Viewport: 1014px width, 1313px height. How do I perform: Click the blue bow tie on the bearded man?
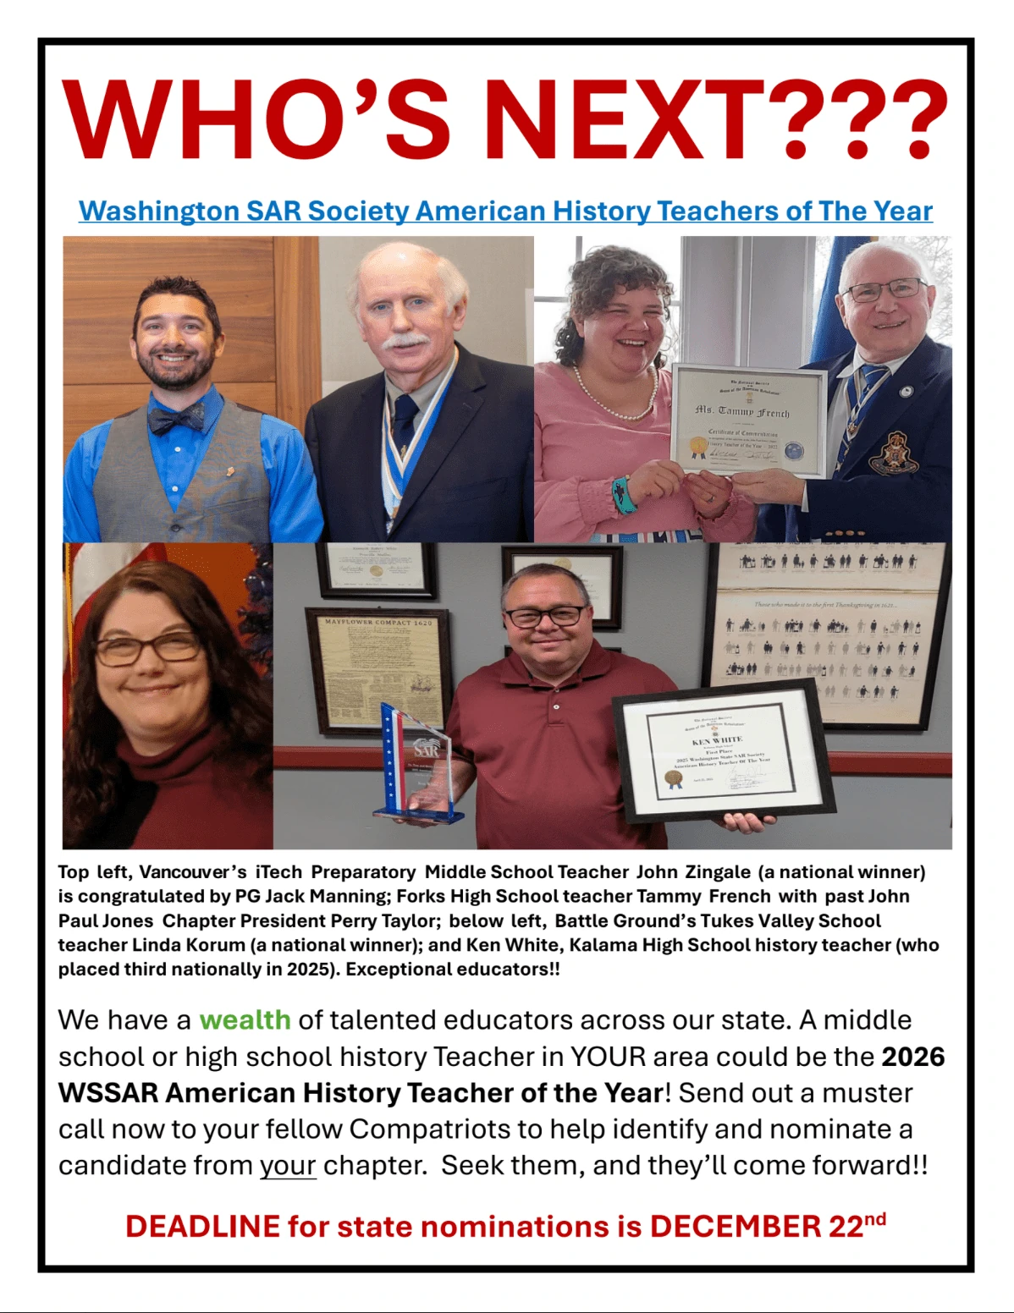pos(176,417)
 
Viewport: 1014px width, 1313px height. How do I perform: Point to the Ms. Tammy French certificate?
pos(747,420)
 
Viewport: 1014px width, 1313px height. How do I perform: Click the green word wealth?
pos(245,1019)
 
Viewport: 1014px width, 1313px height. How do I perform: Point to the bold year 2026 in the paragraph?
pos(912,1057)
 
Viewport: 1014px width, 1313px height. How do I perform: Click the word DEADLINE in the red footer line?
pos(202,1226)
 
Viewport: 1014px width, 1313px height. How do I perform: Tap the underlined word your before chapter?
pos(288,1165)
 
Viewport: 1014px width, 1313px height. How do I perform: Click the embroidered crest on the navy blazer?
pos(894,453)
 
